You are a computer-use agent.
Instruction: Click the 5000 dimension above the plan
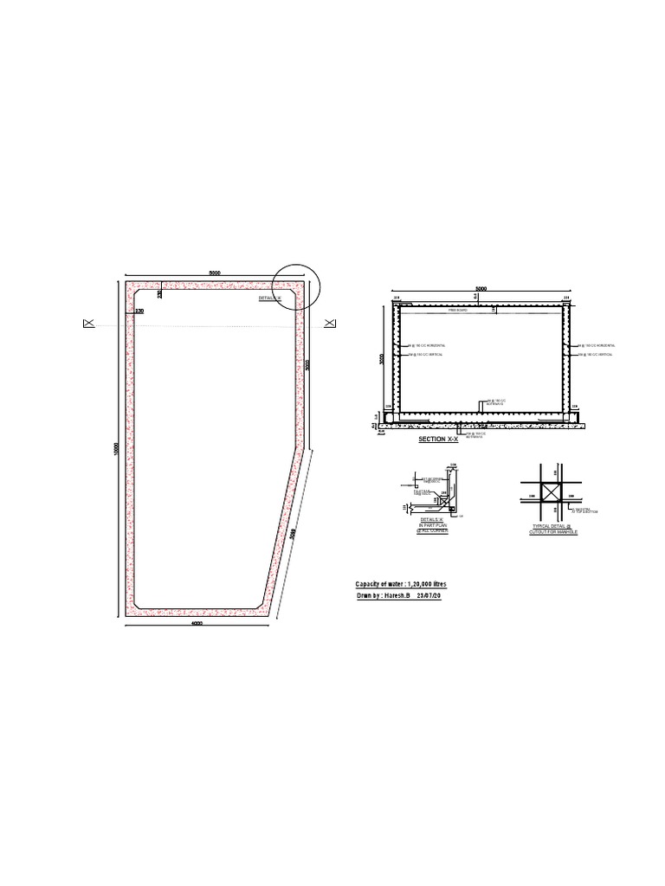pos(214,273)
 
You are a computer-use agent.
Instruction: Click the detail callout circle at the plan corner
pos(295,286)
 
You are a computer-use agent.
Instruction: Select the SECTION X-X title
pos(437,440)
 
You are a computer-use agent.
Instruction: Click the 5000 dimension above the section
pos(481,289)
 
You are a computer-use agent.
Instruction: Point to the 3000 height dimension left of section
pos(381,358)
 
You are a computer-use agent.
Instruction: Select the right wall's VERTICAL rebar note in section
pos(598,355)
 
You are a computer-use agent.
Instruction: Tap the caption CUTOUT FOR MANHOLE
pos(553,532)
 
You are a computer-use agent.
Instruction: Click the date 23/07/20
pos(429,597)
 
